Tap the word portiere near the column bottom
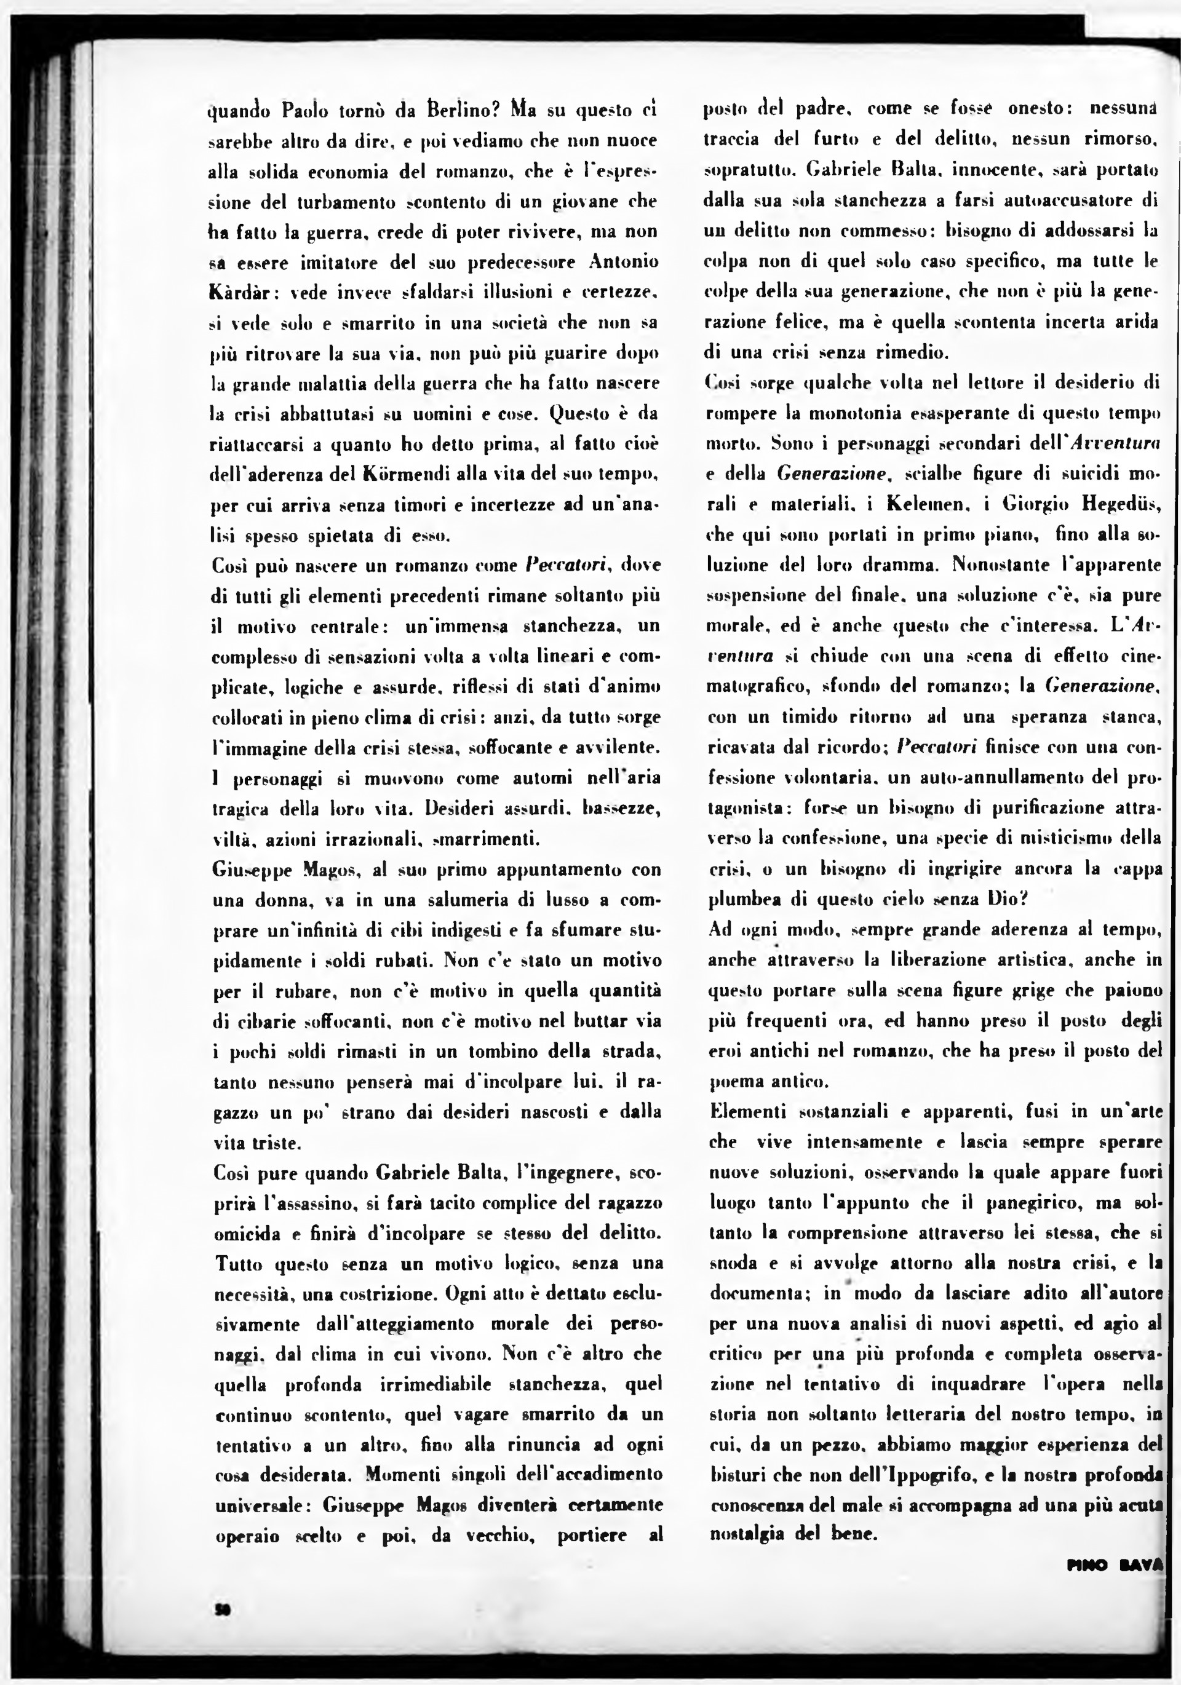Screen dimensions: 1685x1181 coord(592,1536)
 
